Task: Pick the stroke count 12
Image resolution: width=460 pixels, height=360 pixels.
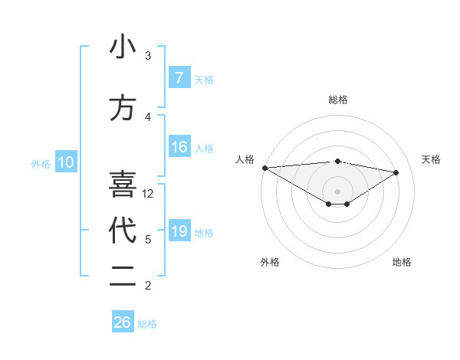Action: (x=148, y=194)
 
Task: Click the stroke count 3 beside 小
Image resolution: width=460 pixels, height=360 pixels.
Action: (x=148, y=56)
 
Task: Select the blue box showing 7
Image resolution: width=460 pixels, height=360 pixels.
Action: (x=179, y=77)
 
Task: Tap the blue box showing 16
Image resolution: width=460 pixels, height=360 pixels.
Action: (x=179, y=147)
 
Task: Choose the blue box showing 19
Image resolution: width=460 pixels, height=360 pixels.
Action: (x=179, y=231)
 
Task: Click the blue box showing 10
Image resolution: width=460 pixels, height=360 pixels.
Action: (x=65, y=162)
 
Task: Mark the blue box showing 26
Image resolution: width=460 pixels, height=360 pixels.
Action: (x=123, y=322)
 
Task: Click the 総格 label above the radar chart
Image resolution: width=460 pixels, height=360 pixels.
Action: (x=337, y=100)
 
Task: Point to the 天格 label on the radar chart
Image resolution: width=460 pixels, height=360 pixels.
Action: (x=432, y=159)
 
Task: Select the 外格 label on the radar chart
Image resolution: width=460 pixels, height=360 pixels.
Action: (x=270, y=262)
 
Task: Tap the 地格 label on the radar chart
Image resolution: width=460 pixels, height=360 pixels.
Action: (x=402, y=262)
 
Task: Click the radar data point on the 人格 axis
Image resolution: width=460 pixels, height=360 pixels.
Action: (x=264, y=168)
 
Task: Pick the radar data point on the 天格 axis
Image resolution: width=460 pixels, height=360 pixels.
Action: (x=396, y=172)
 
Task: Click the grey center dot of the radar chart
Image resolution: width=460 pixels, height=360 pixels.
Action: (x=337, y=191)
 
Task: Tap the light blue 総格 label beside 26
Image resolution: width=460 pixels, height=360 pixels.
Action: (x=147, y=324)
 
